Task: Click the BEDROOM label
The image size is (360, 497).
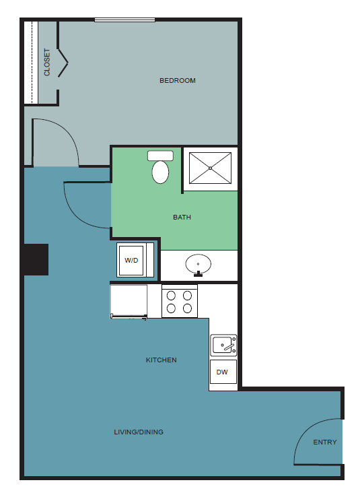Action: [178, 81]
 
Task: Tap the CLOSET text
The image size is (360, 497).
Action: [47, 62]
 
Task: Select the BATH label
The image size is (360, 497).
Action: [182, 218]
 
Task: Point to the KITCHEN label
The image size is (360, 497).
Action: [161, 360]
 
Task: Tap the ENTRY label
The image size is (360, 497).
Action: [325, 442]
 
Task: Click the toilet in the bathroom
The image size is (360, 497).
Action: [160, 168]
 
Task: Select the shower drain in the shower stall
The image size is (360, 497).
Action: [210, 168]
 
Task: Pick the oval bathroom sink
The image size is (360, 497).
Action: [199, 265]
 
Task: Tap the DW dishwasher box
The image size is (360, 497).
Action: [223, 372]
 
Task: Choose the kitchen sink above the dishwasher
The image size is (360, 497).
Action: [223, 345]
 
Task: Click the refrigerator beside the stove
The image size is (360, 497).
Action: [129, 300]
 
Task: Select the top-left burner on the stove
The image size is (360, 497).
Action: [171, 295]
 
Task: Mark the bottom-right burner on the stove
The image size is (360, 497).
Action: [188, 308]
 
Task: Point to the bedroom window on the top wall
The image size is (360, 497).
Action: [125, 20]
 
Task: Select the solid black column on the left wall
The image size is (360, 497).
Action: [36, 259]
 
